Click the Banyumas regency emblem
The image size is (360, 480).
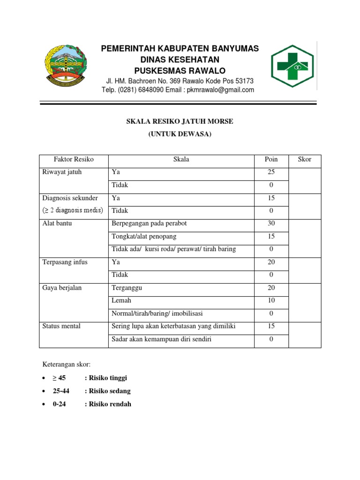(x=66, y=65)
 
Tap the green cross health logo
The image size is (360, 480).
(x=292, y=66)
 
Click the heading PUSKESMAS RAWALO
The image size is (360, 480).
(x=180, y=70)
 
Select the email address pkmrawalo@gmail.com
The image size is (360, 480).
(x=220, y=90)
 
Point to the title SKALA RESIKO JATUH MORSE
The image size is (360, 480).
(x=180, y=121)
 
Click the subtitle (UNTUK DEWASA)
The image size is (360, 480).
(x=180, y=134)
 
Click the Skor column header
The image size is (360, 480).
(x=305, y=159)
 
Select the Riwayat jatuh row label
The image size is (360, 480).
(x=62, y=172)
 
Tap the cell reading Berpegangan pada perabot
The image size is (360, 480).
(x=149, y=224)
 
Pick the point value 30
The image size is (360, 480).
(x=271, y=224)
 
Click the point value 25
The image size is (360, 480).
(x=271, y=172)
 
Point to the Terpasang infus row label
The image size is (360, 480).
(x=65, y=262)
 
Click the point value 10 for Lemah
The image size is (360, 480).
(x=271, y=300)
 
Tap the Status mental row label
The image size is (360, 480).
(x=61, y=326)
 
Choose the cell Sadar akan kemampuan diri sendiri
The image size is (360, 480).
(x=161, y=339)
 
